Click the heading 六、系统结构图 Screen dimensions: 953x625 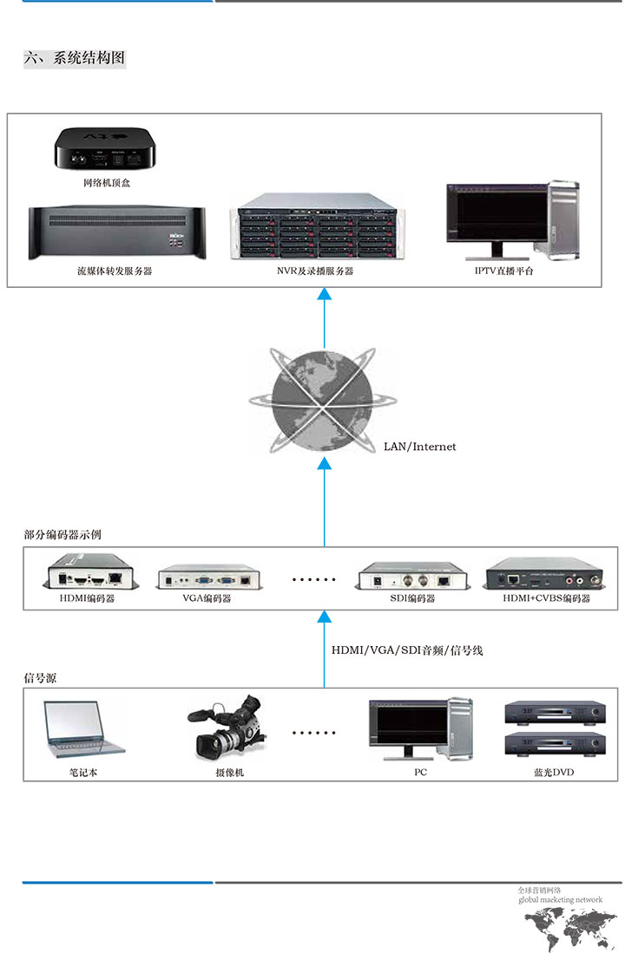pyautogui.click(x=75, y=59)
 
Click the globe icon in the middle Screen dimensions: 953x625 pyautogui.click(x=323, y=401)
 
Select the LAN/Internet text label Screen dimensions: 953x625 pyautogui.click(x=419, y=447)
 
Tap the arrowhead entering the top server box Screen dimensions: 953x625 pyautogui.click(x=325, y=297)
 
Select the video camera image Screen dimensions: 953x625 pyautogui.click(x=227, y=727)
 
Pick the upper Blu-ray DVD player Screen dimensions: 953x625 pyautogui.click(x=554, y=714)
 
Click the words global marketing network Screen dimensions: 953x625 pyautogui.click(x=560, y=900)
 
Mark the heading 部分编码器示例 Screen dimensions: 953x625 pyautogui.click(x=62, y=535)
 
